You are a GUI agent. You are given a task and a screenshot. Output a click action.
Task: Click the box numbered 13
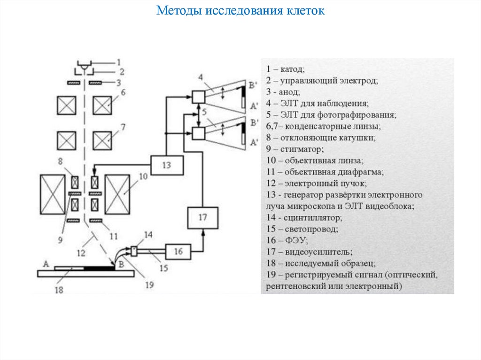point(167,165)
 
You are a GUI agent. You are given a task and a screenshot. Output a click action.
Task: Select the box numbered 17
point(202,218)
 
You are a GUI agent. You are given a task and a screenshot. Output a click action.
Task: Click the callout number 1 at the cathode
point(119,61)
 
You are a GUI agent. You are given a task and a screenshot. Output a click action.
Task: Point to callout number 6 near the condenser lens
point(123,93)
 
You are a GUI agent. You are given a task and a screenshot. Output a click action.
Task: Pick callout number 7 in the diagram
point(123,127)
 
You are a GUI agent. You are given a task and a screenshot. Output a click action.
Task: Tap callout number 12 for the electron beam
point(81,253)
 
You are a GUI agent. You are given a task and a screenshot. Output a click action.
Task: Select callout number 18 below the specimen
point(59,290)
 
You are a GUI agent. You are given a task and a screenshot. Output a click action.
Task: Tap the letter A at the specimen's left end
point(46,264)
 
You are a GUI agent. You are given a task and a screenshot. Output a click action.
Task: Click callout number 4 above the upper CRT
point(200,77)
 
